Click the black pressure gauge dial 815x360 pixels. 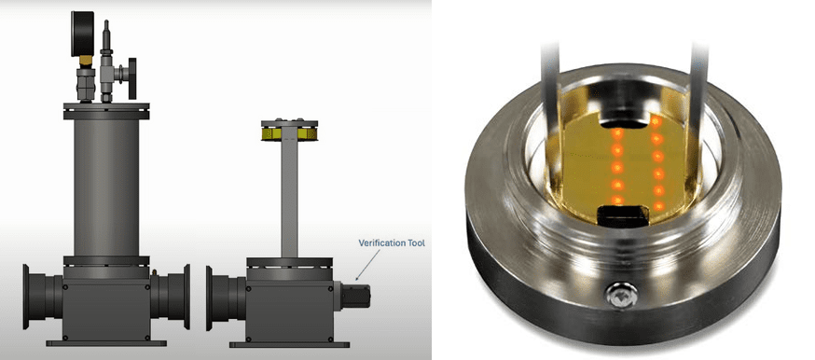tap(82, 33)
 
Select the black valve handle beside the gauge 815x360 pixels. tap(132, 78)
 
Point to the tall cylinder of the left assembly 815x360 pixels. tap(106, 187)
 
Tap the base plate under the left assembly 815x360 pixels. tap(106, 343)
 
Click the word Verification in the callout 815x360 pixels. tap(380, 242)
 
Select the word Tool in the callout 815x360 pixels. tap(415, 242)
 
